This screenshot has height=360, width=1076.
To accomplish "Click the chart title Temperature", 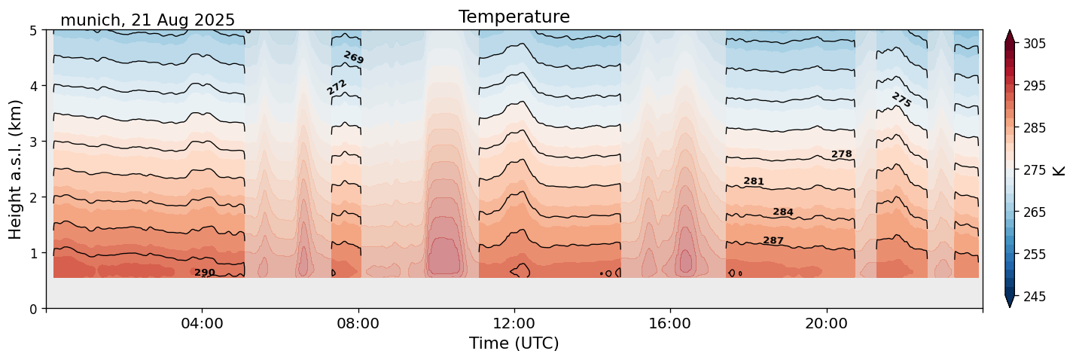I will (514, 17).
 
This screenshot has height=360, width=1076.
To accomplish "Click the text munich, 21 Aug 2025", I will (148, 20).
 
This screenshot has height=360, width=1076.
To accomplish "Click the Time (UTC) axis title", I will (514, 343).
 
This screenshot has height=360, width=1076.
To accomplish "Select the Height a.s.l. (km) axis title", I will (16, 169).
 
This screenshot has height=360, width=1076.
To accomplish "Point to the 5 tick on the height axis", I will (33, 30).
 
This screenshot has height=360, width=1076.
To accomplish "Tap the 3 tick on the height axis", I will (33, 142).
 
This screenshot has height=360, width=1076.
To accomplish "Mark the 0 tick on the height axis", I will (33, 309).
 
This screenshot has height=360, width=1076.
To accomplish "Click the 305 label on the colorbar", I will (1034, 44).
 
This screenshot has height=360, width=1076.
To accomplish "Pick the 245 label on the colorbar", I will (1034, 297).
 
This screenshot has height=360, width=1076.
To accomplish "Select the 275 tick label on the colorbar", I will (1034, 170).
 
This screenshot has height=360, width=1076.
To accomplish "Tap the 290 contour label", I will (205, 273).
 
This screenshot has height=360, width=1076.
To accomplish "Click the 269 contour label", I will (353, 57).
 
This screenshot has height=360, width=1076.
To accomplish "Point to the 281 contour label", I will (754, 182).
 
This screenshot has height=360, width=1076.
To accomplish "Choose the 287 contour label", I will (773, 241).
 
